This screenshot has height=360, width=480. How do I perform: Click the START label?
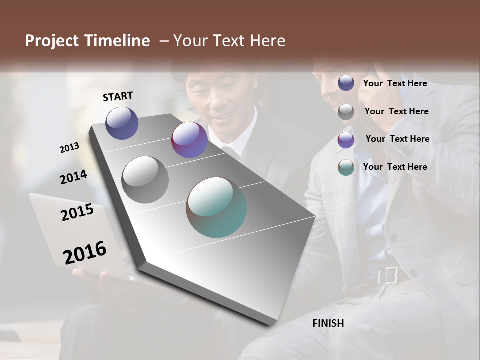pyautogui.click(x=118, y=96)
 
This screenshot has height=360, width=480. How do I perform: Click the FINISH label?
pyautogui.click(x=328, y=323)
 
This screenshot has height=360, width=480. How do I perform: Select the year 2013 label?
pyautogui.click(x=69, y=148)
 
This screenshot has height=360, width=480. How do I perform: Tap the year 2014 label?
pyautogui.click(x=73, y=177)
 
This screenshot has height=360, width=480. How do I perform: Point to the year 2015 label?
pyautogui.click(x=77, y=212)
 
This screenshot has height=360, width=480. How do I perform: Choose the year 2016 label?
pyautogui.click(x=85, y=253)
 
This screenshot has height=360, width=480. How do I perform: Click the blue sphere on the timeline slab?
pyautogui.click(x=122, y=123)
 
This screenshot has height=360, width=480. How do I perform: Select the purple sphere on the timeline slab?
pyautogui.click(x=189, y=140)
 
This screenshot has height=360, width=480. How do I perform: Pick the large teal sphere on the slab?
pyautogui.click(x=216, y=207)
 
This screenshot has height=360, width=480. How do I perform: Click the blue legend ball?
pyautogui.click(x=346, y=83)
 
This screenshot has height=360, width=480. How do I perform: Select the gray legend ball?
pyautogui.click(x=346, y=112)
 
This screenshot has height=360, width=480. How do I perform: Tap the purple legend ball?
pyautogui.click(x=346, y=140)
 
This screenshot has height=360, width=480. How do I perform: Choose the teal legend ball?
pyautogui.click(x=346, y=167)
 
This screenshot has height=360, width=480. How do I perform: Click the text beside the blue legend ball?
pyautogui.click(x=395, y=83)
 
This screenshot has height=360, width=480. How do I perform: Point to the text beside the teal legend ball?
pyautogui.click(x=395, y=167)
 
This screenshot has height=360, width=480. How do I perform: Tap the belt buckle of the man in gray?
pyautogui.click(x=387, y=275)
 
